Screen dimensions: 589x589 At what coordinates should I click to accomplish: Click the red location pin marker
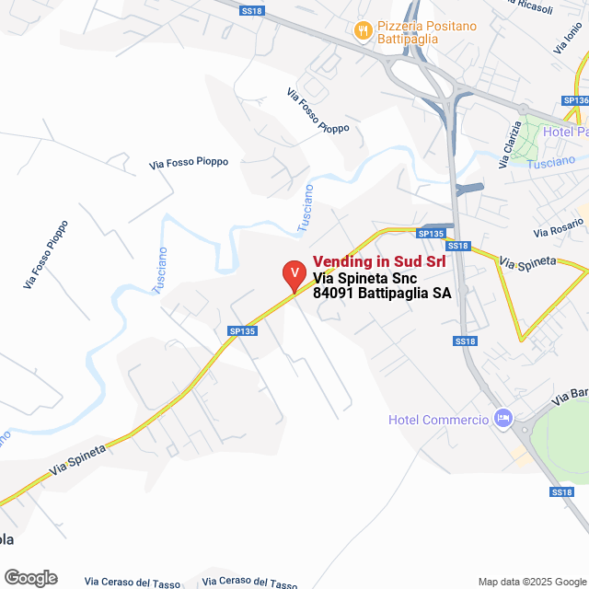[x=293, y=274]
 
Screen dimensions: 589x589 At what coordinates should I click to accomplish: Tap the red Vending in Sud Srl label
[x=379, y=261]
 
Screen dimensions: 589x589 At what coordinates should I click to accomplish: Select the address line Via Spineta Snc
[x=365, y=277]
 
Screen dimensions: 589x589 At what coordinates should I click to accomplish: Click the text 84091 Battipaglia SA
[x=382, y=293]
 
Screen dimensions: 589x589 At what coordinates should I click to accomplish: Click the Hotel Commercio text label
[x=437, y=421]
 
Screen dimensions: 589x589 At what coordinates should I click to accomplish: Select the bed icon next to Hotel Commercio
[x=502, y=419]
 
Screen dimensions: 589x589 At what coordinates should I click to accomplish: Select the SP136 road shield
[x=575, y=100]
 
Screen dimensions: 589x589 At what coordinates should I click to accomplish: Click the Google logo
[x=30, y=577]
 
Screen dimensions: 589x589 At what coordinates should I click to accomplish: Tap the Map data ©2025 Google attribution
[x=531, y=582]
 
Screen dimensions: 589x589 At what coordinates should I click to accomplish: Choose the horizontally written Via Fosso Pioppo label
[x=189, y=163]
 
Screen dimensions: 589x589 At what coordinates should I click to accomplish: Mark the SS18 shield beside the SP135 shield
[x=458, y=246]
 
